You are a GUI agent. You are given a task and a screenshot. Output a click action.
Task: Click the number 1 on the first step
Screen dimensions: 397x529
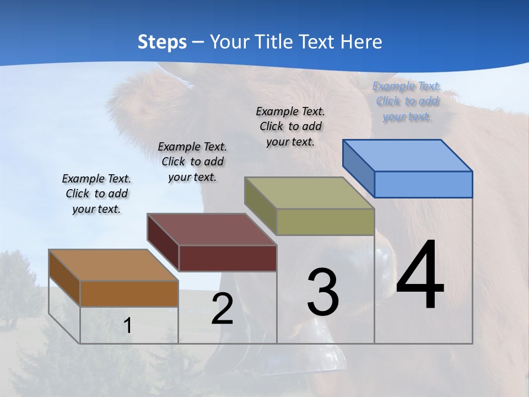127,325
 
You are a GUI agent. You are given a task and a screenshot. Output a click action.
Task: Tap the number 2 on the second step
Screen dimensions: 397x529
222,309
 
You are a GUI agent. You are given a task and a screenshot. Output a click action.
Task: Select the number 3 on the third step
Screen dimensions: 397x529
323,292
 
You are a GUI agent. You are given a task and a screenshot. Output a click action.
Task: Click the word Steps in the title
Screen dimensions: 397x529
162,42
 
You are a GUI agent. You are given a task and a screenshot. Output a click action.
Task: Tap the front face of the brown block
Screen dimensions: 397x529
129,293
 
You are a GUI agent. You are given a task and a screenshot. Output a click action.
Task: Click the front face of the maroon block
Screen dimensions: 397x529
228,258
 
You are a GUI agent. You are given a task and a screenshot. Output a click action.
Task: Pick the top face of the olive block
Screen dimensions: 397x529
309,193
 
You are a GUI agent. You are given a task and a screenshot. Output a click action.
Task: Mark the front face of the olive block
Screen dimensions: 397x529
325,222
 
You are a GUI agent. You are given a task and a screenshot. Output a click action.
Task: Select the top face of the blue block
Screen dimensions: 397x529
407,155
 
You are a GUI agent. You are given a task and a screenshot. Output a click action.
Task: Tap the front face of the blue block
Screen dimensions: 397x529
423,184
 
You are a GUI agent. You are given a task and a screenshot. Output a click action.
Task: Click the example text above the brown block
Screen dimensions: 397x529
96,194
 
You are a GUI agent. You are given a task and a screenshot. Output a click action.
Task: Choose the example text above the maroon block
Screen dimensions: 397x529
192,162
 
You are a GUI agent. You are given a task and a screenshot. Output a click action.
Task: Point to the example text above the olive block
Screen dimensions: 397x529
290,126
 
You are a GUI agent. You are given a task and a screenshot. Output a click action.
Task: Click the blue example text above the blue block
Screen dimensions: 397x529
407,101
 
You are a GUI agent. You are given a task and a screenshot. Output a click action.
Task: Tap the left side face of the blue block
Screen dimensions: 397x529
358,168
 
